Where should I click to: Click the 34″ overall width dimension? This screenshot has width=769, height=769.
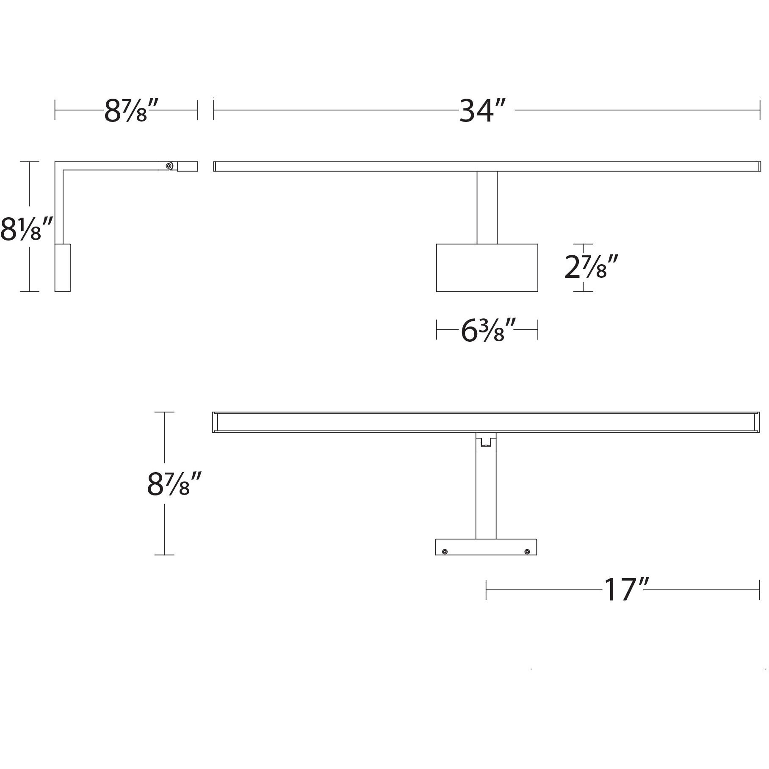483,111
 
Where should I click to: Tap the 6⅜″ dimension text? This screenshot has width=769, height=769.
487,331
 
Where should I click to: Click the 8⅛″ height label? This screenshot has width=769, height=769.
26,229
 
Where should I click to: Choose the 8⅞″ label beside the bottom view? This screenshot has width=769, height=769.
173,484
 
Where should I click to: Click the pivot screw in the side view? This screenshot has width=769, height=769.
169,166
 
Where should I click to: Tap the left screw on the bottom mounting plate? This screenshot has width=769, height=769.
445,552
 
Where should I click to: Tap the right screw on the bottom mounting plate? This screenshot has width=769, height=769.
527,552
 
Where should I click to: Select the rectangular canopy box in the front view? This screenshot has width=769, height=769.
487,268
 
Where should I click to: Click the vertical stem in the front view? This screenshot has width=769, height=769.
487,207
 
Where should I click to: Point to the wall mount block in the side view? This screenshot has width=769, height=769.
63,267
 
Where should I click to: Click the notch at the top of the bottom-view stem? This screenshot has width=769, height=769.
486,440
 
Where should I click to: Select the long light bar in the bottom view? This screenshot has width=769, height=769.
486,422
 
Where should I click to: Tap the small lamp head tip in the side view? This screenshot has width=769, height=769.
188,166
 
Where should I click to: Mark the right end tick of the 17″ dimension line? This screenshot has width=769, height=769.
760,589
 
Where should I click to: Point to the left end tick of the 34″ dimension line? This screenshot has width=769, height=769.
214,111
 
